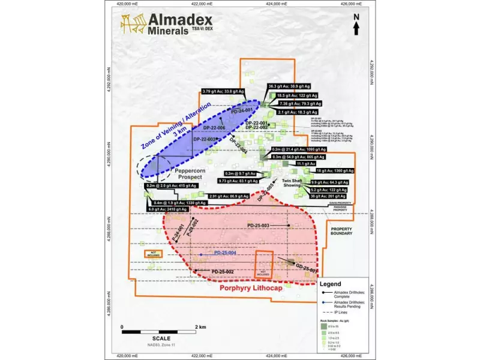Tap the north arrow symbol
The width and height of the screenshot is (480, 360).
[356, 26]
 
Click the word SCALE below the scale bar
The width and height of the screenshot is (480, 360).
[161, 339]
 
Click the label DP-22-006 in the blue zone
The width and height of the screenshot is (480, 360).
[214, 127]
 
